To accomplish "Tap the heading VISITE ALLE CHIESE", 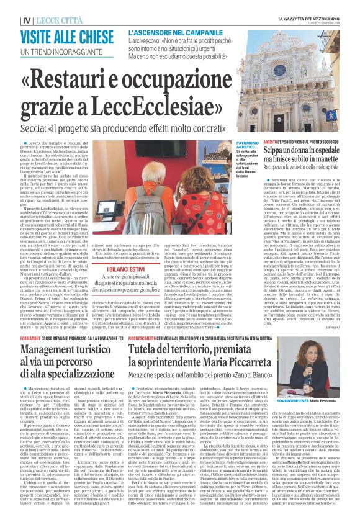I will point(60,37).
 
